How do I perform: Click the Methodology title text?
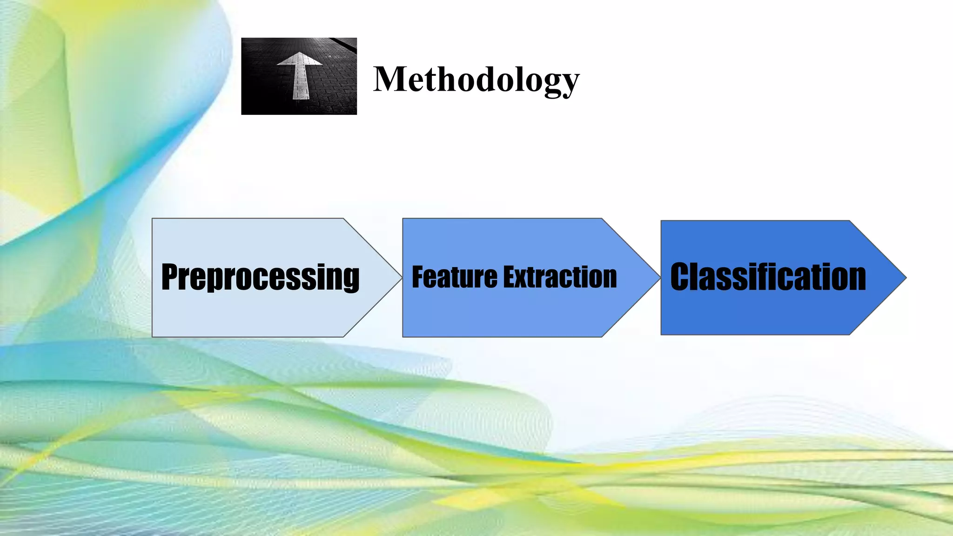coord(476,79)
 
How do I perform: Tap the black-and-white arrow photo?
coord(299,76)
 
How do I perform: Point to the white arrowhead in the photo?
coord(299,59)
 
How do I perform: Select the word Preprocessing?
coord(260,277)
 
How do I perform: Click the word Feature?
coord(454,277)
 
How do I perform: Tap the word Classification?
coord(768,277)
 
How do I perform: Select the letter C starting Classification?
coord(679,277)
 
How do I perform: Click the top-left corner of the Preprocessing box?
coord(153,219)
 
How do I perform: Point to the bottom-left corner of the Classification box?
coord(662,334)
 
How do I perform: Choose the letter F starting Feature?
coord(419,277)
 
